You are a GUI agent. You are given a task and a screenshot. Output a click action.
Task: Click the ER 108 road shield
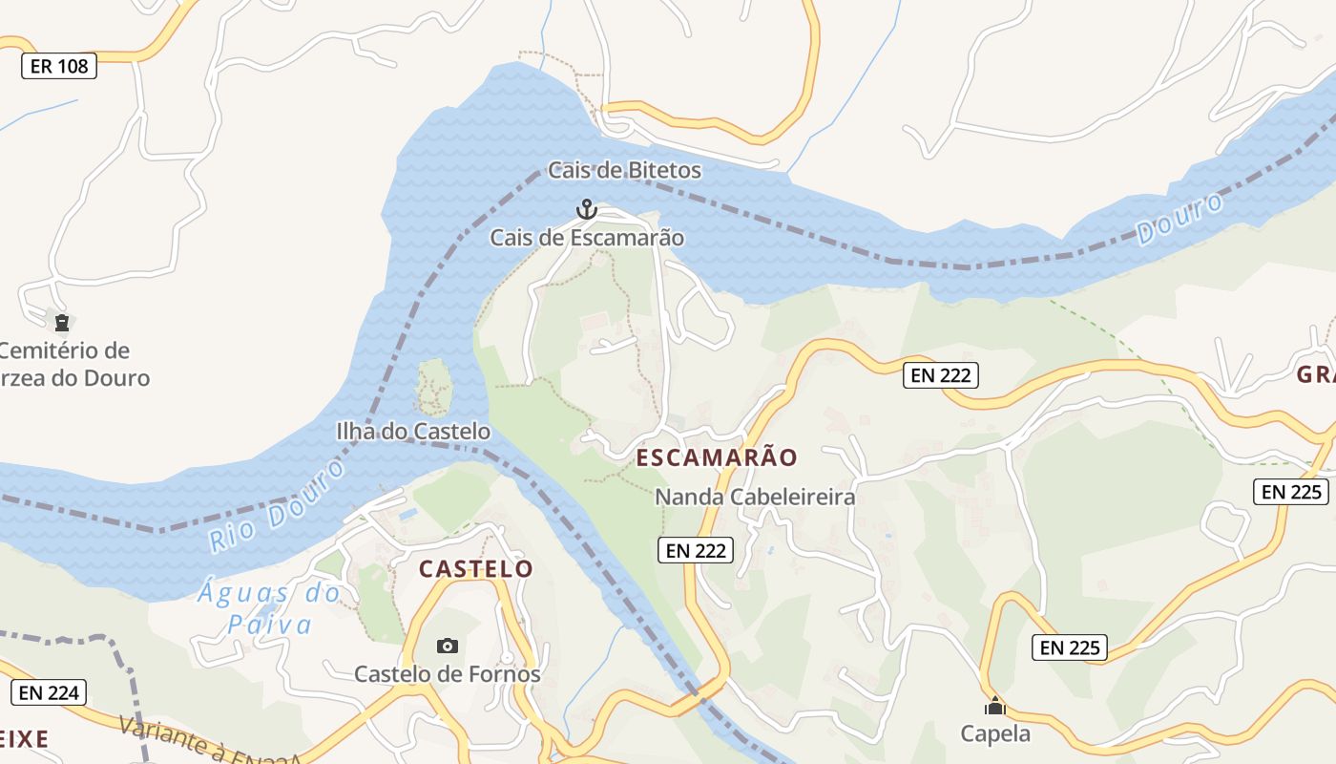click(x=58, y=66)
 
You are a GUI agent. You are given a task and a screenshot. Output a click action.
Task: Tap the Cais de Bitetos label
click(x=624, y=171)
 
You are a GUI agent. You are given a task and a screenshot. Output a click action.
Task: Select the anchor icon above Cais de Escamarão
click(x=586, y=208)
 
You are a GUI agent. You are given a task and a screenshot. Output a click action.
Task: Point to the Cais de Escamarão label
click(x=587, y=237)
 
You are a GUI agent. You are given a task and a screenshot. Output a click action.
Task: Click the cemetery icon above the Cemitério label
click(x=62, y=322)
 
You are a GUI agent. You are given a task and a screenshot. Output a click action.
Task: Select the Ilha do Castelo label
click(x=413, y=432)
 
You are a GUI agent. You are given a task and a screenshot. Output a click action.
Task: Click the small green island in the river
click(x=434, y=386)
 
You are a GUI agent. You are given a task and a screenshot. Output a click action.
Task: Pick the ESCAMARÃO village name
click(x=716, y=457)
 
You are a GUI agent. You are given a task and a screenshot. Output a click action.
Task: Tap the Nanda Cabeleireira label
click(x=754, y=498)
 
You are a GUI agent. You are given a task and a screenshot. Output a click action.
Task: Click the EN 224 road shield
click(x=49, y=693)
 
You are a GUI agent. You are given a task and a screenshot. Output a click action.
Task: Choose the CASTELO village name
click(x=476, y=569)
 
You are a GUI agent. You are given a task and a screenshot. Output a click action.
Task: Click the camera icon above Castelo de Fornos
click(x=447, y=647)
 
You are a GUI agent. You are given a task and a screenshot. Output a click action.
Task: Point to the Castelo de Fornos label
click(x=447, y=674)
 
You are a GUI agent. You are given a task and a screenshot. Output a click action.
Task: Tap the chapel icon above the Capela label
click(x=995, y=707)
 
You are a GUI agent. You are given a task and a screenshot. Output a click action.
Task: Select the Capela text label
click(x=995, y=733)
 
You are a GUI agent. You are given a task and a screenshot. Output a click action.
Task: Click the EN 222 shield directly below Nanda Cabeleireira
click(x=696, y=550)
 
